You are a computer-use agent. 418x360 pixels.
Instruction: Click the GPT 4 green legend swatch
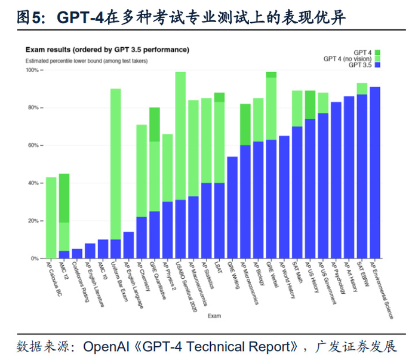coord(377,53)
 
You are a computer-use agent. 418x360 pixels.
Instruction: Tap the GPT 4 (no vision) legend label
coord(347,59)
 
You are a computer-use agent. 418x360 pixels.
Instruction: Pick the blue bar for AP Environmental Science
coord(375,173)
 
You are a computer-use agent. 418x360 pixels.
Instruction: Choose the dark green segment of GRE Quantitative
coord(155,125)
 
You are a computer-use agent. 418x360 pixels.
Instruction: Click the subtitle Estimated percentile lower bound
coord(86,60)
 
